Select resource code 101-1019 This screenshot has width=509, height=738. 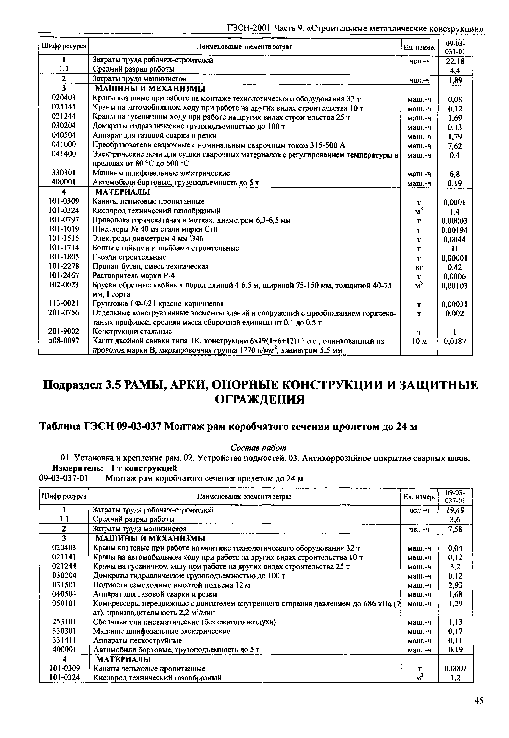tap(64, 229)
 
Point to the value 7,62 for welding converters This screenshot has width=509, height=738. tap(455, 146)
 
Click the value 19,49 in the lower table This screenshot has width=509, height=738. tap(455, 510)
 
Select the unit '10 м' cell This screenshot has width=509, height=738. tap(419, 341)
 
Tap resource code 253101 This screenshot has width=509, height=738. tap(64, 622)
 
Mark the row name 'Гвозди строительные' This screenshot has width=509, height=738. tap(129, 257)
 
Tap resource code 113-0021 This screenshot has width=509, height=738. tap(64, 303)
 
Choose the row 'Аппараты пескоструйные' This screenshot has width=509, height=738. tap(137, 640)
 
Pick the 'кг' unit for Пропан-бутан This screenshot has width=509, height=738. tap(419, 267)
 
